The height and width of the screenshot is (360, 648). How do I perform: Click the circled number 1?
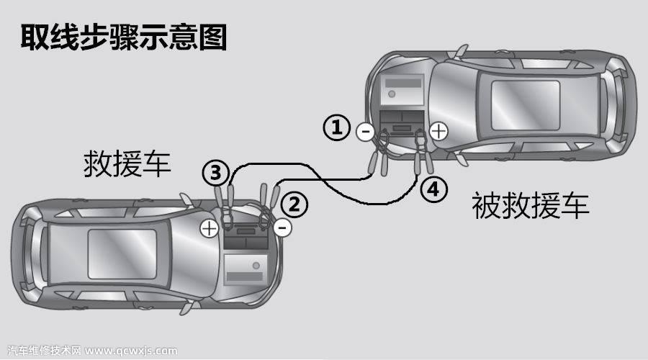point(336,129)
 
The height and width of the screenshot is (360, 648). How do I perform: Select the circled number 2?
point(293,204)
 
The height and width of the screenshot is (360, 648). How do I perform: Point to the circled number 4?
point(431,189)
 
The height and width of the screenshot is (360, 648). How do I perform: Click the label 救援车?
point(127,163)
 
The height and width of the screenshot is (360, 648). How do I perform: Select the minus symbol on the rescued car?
point(364,132)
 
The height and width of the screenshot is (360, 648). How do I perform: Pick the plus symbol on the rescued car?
point(438,131)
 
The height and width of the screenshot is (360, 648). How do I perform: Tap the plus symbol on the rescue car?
point(209,229)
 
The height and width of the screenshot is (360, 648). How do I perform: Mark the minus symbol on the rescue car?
point(283,229)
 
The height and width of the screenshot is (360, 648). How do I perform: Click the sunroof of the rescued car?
point(525,101)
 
